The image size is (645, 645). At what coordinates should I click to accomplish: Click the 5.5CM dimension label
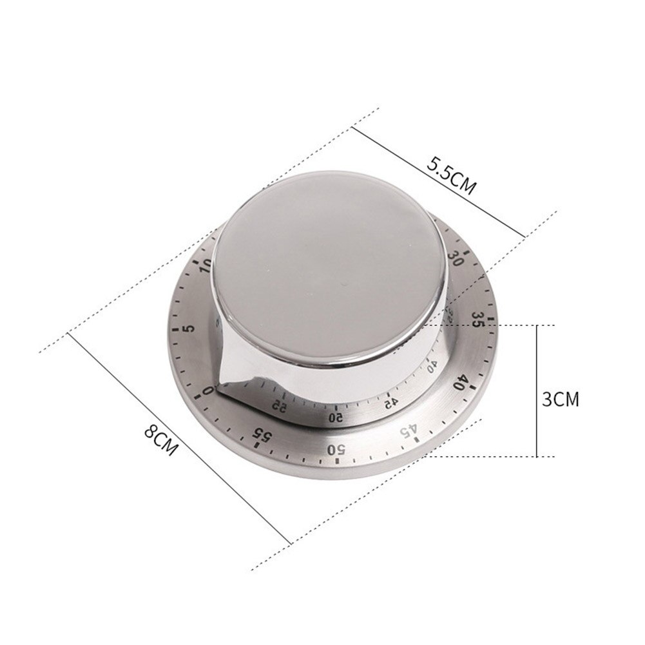[451, 177]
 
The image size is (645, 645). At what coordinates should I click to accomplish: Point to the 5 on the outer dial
[188, 330]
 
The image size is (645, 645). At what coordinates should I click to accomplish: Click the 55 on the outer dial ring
[262, 436]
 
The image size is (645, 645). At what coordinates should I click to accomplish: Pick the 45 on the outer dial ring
[407, 431]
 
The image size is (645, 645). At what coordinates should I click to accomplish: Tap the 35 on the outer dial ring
[477, 320]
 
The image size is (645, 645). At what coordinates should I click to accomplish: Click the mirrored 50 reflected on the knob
[336, 417]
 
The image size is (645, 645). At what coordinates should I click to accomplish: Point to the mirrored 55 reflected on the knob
[278, 405]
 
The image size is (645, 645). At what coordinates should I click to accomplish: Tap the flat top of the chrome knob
[329, 258]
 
